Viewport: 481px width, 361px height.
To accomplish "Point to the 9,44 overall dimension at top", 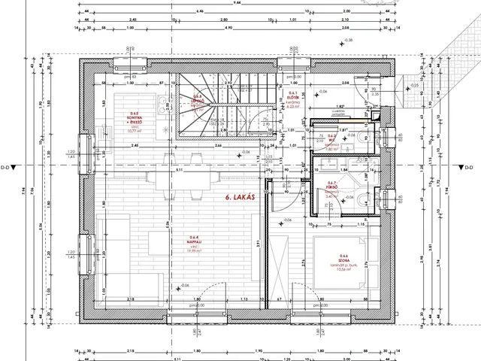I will click(237, 4).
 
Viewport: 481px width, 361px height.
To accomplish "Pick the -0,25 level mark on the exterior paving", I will click(415, 86).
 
